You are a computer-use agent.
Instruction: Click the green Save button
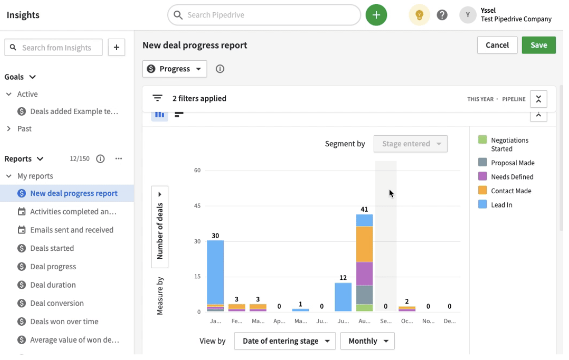[538, 45]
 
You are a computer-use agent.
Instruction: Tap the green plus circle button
[376, 15]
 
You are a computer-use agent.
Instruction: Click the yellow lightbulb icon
[419, 15]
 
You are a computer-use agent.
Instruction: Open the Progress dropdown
[174, 69]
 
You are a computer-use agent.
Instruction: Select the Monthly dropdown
[367, 341]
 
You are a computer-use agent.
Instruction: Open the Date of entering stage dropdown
[284, 341]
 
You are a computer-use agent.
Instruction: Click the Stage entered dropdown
[410, 144]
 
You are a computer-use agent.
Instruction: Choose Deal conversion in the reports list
[57, 303]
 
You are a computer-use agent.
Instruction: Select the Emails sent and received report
[71, 230]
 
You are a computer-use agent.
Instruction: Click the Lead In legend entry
[501, 205]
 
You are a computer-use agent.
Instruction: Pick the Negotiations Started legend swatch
[482, 140]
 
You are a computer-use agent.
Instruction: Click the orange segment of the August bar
[364, 244]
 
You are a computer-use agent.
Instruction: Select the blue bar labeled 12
[343, 297]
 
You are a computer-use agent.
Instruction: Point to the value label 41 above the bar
[364, 209]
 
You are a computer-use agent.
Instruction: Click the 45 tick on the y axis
[197, 206]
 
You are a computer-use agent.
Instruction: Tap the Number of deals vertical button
[160, 226]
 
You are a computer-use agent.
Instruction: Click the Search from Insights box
[54, 47]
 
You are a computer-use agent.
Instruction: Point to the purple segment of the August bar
[364, 273]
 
